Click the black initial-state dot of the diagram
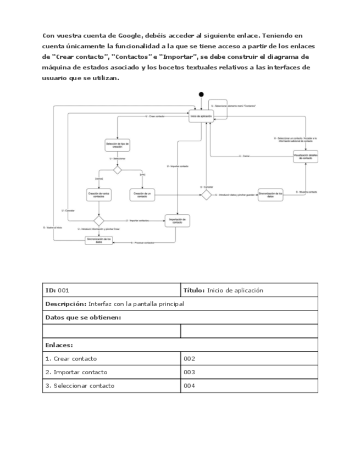point(201,94)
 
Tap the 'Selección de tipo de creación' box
point(117,145)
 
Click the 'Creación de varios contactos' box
point(99,195)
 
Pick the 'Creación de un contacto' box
point(142,195)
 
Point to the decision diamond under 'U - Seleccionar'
point(117,170)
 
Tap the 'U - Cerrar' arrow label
point(245,156)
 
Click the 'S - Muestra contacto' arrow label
point(306,192)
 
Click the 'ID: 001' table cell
point(112,290)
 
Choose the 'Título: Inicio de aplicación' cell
point(249,290)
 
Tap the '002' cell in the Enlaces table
point(249,358)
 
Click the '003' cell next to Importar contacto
point(249,372)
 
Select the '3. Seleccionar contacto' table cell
point(112,386)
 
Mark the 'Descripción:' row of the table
point(180,304)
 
